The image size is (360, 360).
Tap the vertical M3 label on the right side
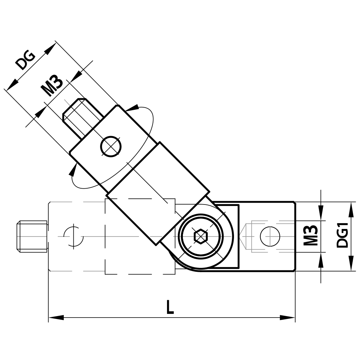tap(310, 236)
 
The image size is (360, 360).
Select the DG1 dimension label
tap(342, 236)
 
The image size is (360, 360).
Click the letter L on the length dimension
tap(170, 308)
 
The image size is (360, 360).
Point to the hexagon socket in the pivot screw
tap(201, 237)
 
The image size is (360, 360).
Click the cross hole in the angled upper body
tap(111, 147)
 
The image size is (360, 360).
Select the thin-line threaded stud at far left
tap(32, 236)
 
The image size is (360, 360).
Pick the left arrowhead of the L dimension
tap(56, 318)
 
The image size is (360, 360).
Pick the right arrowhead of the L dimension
tap(288, 318)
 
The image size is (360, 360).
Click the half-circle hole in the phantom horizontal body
tap(73, 237)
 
